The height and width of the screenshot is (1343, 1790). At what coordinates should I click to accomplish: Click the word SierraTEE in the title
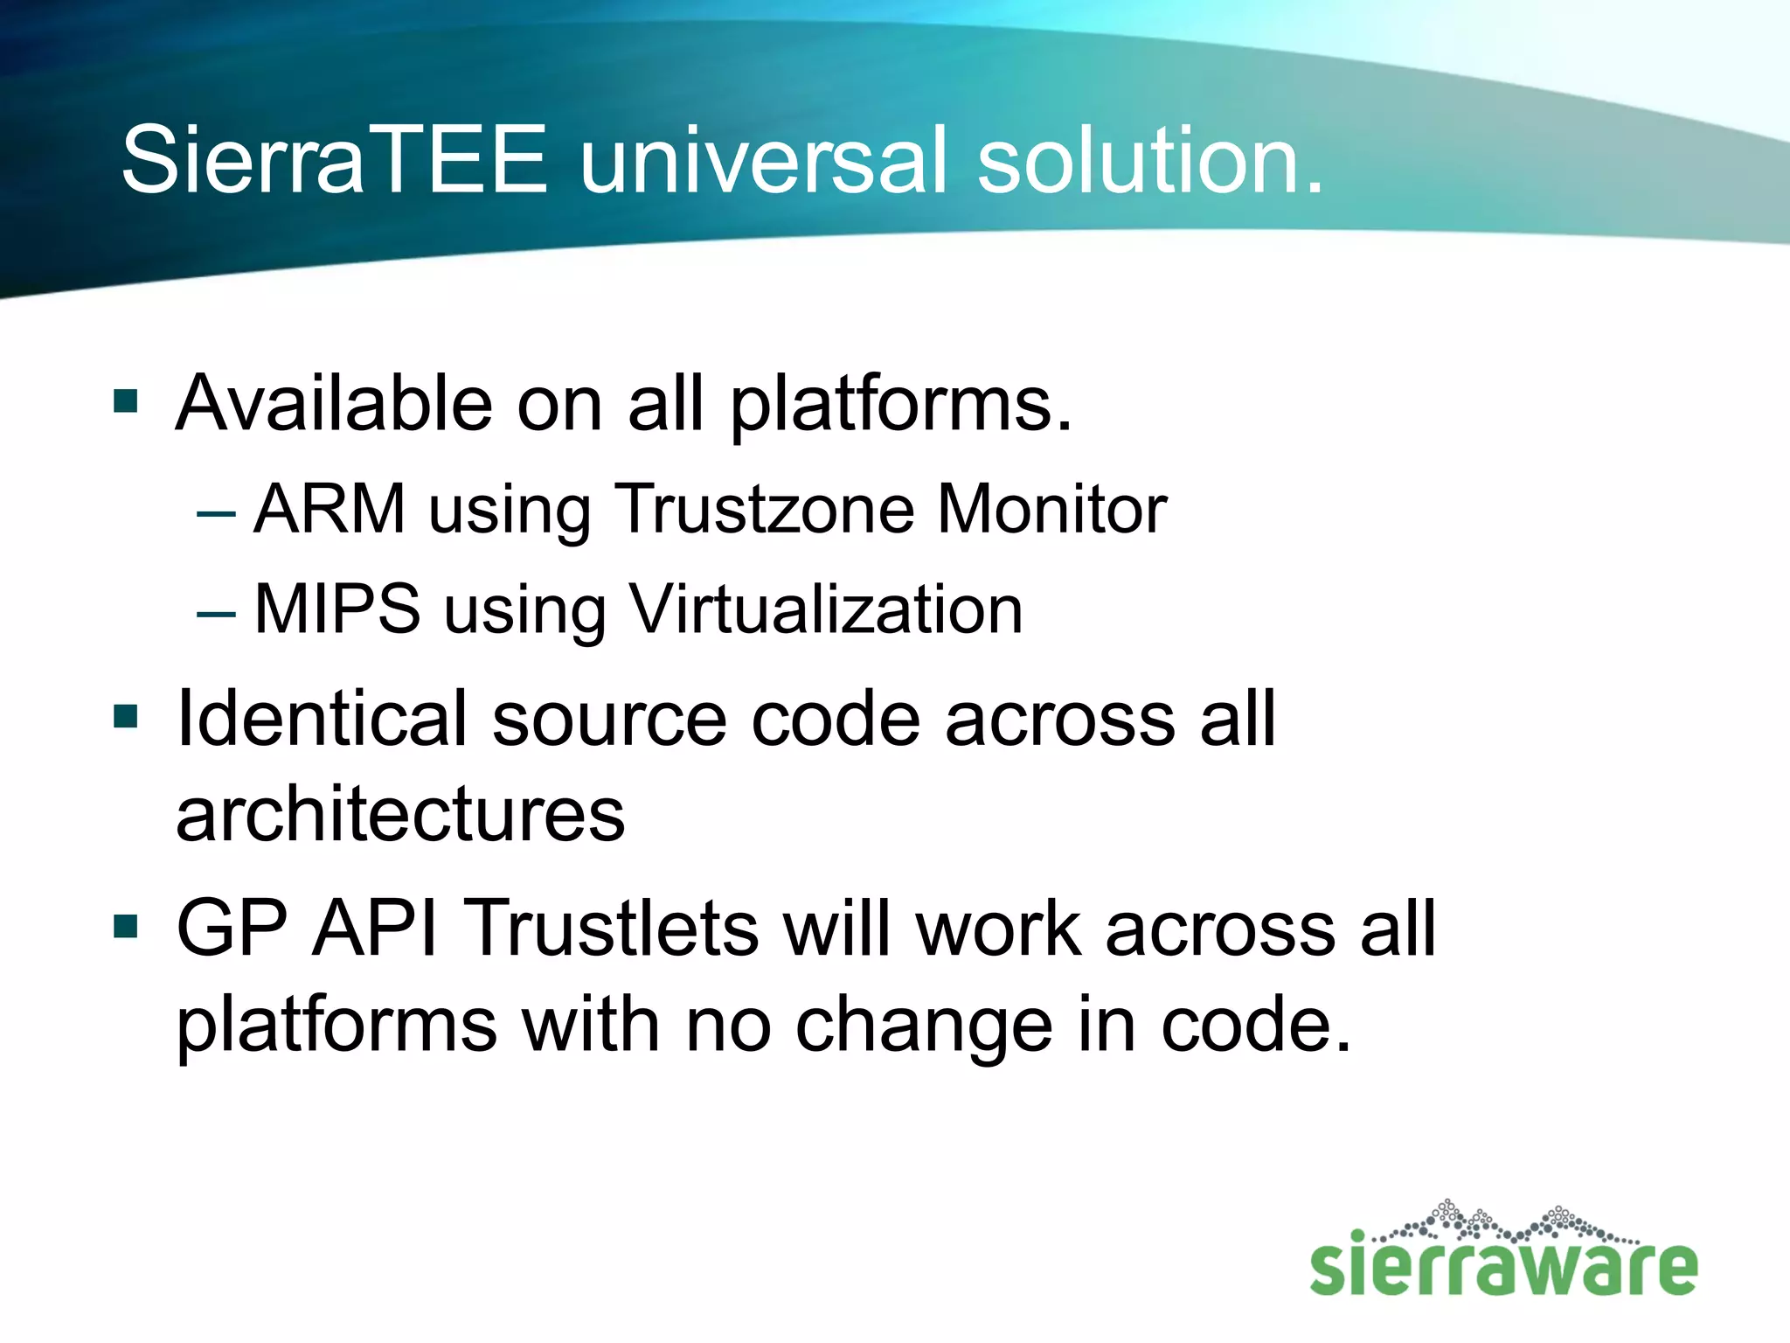pos(335,159)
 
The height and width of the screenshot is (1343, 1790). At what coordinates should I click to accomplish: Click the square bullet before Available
pos(127,401)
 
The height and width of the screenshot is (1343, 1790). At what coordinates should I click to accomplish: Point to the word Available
pos(334,403)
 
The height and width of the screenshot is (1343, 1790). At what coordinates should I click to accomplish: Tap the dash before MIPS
pos(216,612)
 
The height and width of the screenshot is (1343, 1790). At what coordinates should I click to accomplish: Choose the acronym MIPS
pos(337,609)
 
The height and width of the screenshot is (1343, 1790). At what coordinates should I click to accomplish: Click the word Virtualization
pos(825,609)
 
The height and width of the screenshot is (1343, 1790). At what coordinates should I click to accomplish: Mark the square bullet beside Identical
pos(127,717)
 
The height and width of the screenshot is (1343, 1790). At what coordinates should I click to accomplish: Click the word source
pos(608,720)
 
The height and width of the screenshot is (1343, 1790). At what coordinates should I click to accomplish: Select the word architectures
pos(400,815)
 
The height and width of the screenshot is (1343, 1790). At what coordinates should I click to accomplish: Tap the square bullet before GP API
pos(127,926)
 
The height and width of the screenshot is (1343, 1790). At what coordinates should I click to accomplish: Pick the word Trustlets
pos(614,928)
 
